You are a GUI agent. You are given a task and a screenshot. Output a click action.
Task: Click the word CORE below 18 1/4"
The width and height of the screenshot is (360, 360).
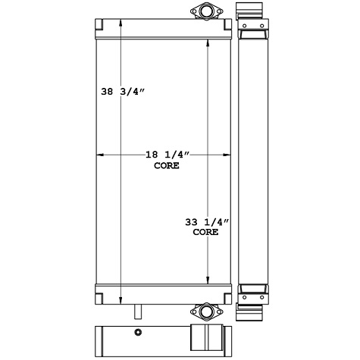pos(167,165)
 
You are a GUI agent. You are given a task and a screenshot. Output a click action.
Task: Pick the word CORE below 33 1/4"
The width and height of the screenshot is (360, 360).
pos(206,233)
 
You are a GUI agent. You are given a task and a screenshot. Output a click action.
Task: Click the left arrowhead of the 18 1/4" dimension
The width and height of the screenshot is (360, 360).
pos(98,155)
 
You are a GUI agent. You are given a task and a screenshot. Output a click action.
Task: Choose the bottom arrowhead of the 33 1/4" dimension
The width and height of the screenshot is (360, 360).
pos(210,281)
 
